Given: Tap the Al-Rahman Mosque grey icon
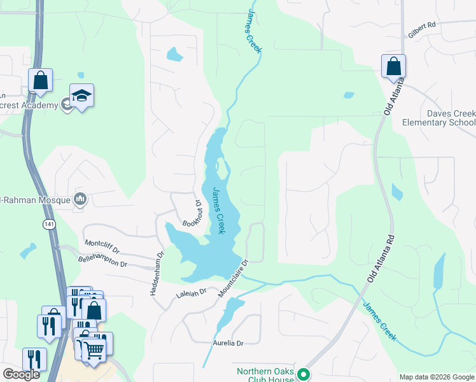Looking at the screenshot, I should click(80, 199).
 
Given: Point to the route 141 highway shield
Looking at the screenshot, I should click(49, 225).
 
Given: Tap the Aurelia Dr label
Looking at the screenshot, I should click(228, 343).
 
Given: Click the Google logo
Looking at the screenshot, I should click(21, 374).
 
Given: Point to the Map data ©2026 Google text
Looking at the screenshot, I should click(437, 377).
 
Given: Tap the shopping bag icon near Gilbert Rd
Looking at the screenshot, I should click(393, 66).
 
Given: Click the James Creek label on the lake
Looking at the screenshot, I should click(218, 210).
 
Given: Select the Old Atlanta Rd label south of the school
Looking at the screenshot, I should click(381, 257).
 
